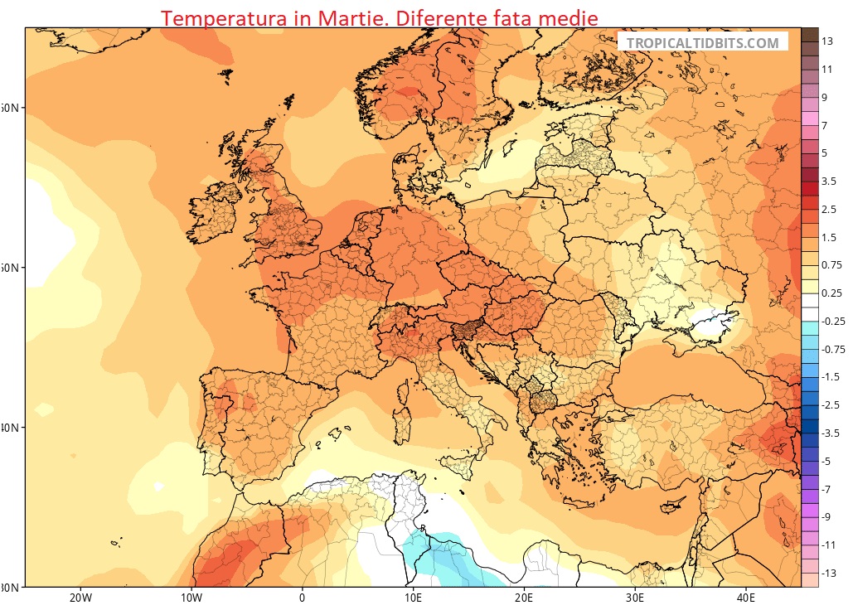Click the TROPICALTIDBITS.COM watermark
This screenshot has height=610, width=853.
(702, 43)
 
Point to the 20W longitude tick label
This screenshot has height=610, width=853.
(80, 598)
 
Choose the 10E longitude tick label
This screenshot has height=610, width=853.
(412, 598)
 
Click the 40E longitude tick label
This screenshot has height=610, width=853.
(744, 598)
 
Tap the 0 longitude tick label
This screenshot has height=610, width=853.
(302, 598)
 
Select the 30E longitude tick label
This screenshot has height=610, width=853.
(633, 598)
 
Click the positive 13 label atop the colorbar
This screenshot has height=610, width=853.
(826, 41)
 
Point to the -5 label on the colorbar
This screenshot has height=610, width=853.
(826, 461)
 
